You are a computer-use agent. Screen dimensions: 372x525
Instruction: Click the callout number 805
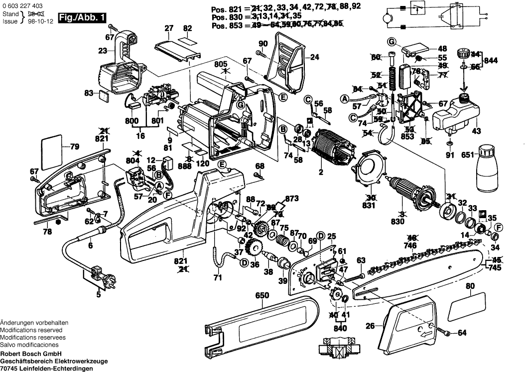click(x=221, y=64)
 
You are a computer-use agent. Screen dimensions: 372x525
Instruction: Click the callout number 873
click(x=292, y=198)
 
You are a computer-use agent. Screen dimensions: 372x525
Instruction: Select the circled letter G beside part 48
click(x=392, y=40)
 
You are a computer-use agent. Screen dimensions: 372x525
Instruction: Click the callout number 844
click(x=491, y=60)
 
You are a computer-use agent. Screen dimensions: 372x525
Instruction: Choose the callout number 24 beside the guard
click(x=314, y=57)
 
